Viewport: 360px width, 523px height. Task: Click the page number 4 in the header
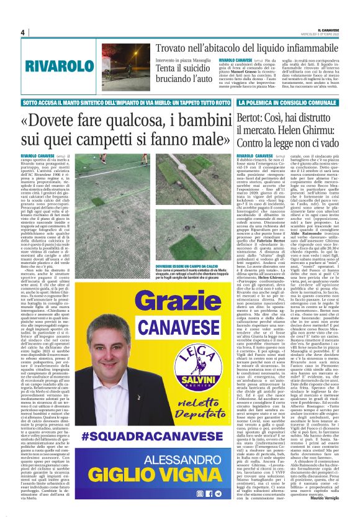pyautogui.click(x=23, y=32)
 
